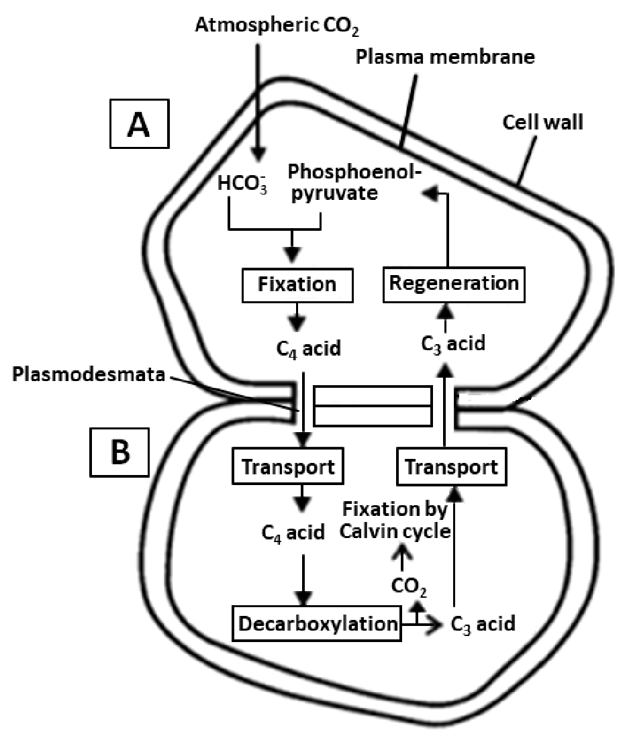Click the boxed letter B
121,452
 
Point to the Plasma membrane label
444,58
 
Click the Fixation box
297,284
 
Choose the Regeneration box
454,282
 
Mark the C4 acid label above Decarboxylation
293,533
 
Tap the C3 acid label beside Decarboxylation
483,624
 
